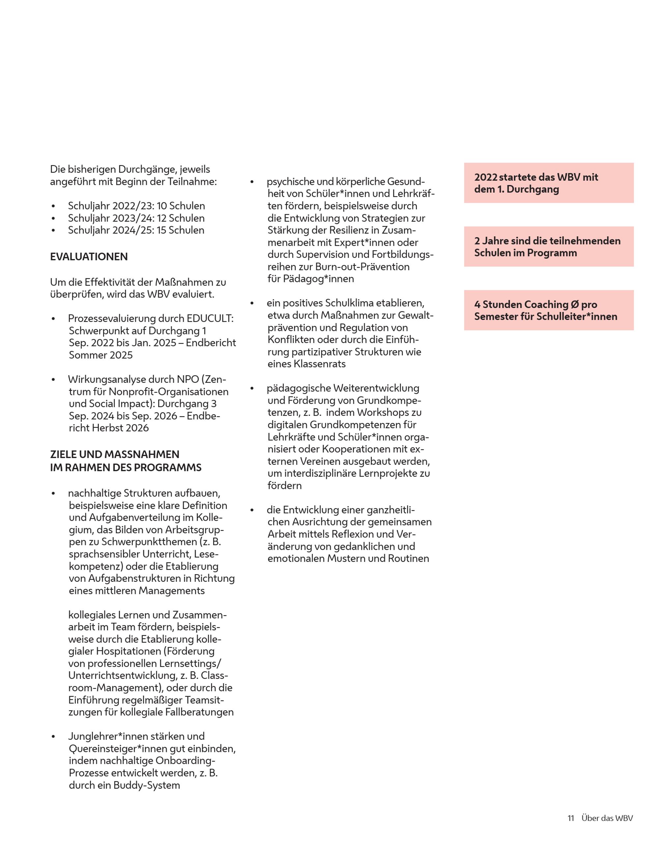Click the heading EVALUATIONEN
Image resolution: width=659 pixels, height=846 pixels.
click(89, 257)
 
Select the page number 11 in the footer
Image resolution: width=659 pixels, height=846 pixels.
click(571, 818)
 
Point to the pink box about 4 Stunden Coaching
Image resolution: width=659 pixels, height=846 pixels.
click(549, 310)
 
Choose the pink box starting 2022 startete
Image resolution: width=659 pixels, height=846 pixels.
click(549, 183)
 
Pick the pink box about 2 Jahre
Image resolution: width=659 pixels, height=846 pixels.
click(549, 247)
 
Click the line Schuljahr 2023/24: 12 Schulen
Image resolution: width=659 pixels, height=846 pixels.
click(136, 218)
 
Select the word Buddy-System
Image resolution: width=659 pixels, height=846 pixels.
click(147, 785)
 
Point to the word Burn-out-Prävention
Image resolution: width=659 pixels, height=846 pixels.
click(362, 267)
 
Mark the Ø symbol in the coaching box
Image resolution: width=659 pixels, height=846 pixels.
click(575, 304)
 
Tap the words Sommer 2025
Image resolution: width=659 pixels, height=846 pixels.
click(101, 355)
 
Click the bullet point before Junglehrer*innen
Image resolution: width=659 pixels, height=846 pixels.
click(53, 737)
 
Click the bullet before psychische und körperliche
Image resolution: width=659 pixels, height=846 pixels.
click(252, 182)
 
